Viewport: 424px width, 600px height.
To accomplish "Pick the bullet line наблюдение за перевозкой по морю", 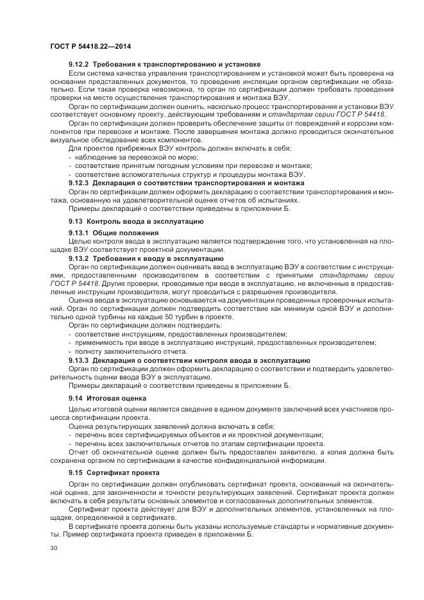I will point(143,157).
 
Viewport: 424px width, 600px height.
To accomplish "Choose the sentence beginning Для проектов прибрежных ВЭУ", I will point(180,148).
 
